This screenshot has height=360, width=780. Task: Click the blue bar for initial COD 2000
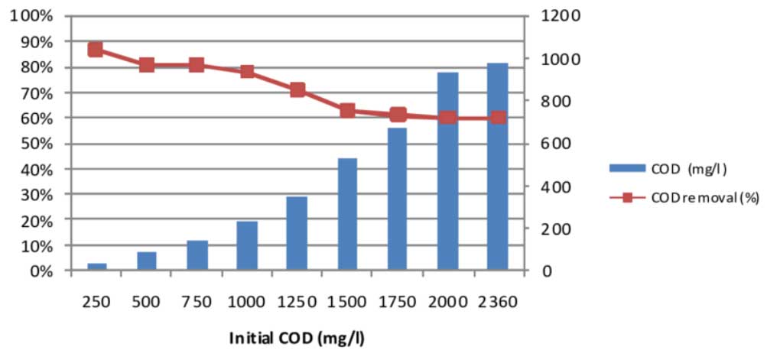pyautogui.click(x=447, y=171)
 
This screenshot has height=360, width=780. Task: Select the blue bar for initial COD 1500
pyautogui.click(x=347, y=214)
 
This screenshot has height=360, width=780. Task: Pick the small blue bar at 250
pyautogui.click(x=96, y=266)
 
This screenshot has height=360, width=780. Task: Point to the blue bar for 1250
pyautogui.click(x=297, y=233)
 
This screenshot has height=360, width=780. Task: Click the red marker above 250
pyautogui.click(x=96, y=50)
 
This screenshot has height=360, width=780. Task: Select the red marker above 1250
pyautogui.click(x=297, y=90)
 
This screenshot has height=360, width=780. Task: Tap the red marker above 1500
pyautogui.click(x=347, y=111)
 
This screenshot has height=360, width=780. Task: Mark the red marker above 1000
pyautogui.click(x=247, y=72)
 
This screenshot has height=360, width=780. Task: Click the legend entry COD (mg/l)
pyautogui.click(x=674, y=168)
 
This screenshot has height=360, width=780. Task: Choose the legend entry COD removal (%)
pyautogui.click(x=684, y=198)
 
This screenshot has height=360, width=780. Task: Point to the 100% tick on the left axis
pyautogui.click(x=32, y=16)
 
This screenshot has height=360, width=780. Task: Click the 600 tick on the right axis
pyautogui.click(x=557, y=144)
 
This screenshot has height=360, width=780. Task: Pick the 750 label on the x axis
pyautogui.click(x=197, y=301)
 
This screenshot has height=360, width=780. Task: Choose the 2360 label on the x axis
pyautogui.click(x=497, y=301)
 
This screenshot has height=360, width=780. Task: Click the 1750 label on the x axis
pyautogui.click(x=397, y=301)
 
